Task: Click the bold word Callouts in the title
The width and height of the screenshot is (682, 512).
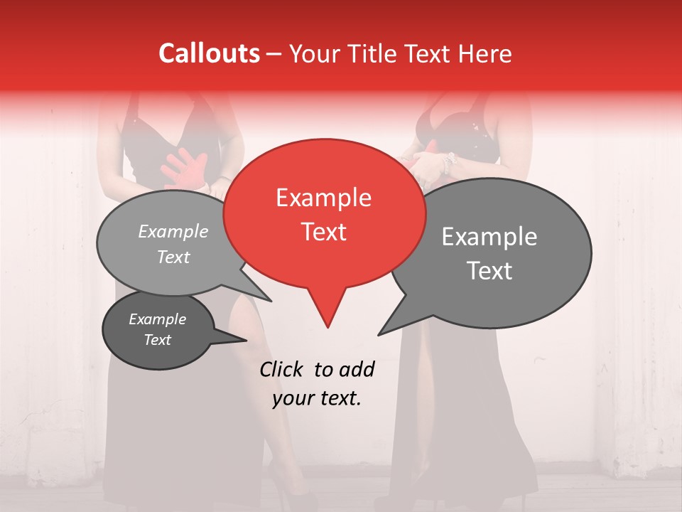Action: coord(209,53)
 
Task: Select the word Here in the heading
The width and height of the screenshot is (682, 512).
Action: coord(483,53)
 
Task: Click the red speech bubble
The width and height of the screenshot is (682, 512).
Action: coord(324,213)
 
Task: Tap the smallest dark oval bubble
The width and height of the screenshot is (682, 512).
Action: coord(158,330)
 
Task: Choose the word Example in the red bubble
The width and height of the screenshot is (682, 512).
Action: coord(324,198)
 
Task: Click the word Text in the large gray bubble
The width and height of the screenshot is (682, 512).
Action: coord(490,271)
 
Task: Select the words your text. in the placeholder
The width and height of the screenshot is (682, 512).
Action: coord(317,399)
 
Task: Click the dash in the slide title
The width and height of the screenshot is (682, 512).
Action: coord(275,54)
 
